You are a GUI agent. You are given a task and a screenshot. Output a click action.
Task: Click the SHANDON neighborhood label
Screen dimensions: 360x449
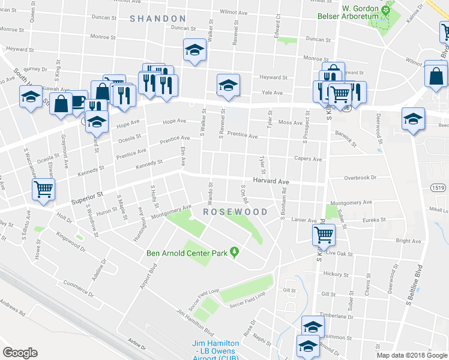coord(158,19)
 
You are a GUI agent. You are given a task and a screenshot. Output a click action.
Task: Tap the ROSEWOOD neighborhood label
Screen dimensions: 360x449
coord(235,212)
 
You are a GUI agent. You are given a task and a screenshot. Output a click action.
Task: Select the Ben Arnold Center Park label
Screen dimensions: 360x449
coord(187,253)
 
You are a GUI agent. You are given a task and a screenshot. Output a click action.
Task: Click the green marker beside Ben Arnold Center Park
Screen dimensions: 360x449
coord(235,253)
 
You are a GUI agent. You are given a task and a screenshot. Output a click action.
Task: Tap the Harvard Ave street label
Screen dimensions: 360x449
coord(271,181)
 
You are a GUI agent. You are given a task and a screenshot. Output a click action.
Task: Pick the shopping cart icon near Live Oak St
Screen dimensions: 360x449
coord(324,235)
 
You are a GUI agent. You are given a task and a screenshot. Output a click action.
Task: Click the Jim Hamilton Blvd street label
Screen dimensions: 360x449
coord(195,322)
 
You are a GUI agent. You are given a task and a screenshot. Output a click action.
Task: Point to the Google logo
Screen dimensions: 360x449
coord(20,353)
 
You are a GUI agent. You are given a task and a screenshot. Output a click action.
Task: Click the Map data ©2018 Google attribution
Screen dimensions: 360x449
coord(411,355)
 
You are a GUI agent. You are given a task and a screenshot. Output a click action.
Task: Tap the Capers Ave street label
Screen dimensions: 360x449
coord(308,160)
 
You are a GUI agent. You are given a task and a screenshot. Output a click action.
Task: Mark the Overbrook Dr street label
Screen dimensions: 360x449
coord(360,178)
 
